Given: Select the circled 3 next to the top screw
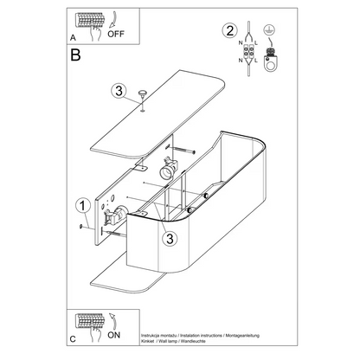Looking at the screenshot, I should tap(119, 92).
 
